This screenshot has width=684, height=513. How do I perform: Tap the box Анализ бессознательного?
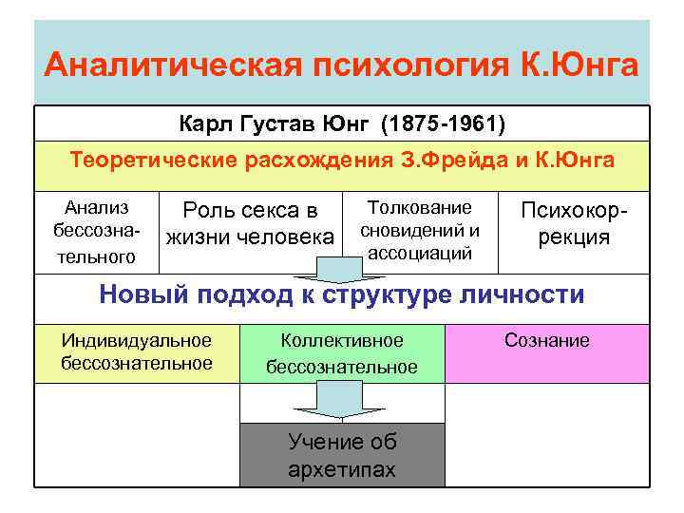[95, 232]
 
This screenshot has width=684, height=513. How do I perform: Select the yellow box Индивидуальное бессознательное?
[136, 352]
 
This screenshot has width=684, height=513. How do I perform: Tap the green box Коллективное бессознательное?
[341, 353]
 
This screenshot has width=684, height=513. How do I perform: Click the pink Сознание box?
[546, 352]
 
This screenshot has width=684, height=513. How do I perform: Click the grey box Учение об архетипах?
[341, 455]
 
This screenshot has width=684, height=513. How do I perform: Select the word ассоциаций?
[419, 253]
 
